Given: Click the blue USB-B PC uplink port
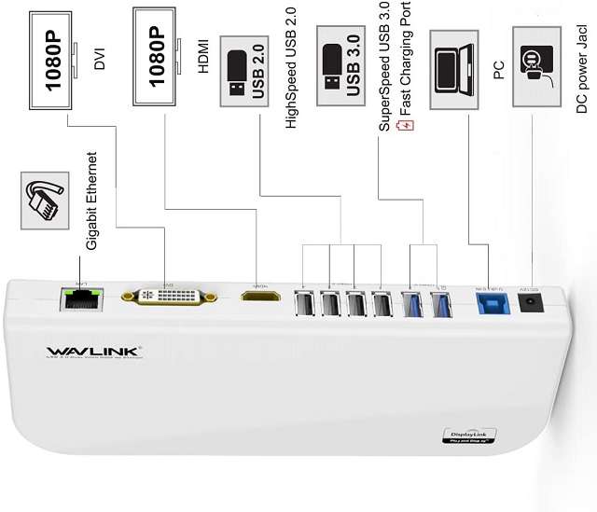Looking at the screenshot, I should tap(488, 304).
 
